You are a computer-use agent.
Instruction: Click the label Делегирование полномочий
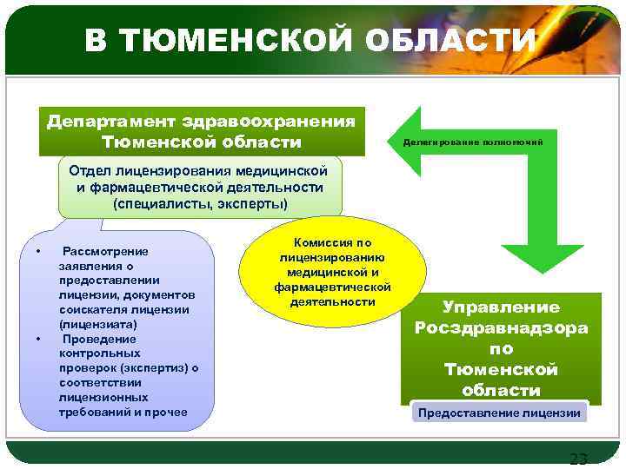coord(473,142)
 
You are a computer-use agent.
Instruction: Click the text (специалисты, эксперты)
coord(200,203)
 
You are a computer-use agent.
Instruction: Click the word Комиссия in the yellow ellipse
coord(333,243)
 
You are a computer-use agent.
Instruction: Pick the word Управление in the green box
coord(501,307)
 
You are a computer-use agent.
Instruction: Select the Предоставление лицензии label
coord(499,413)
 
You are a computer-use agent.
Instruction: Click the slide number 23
coord(577,459)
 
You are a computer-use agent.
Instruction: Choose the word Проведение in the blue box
coord(100,339)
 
